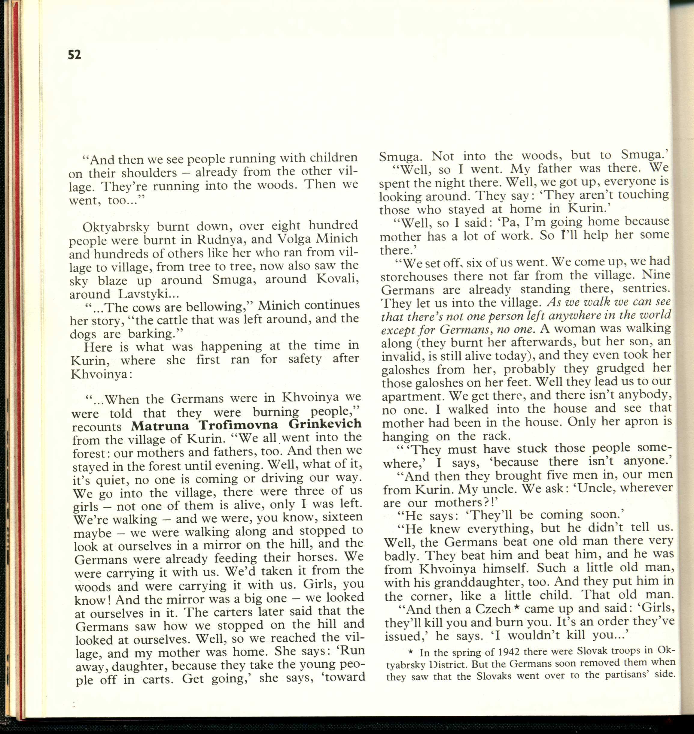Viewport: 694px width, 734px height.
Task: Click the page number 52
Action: click(75, 55)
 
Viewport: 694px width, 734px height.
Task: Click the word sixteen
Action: click(342, 517)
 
